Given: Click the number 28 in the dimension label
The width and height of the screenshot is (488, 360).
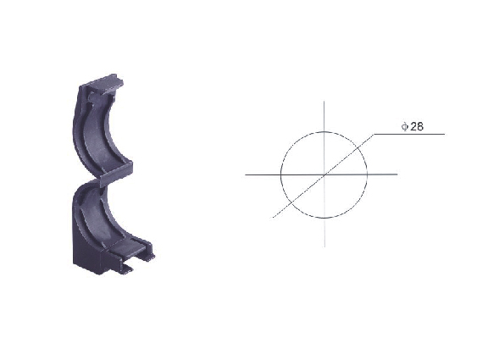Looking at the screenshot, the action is [417, 126].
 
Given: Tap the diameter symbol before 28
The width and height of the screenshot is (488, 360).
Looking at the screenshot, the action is [405, 127].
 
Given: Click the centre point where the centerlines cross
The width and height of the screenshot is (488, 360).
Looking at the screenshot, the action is [324, 174].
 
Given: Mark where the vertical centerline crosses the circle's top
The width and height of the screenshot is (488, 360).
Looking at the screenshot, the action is [324, 132].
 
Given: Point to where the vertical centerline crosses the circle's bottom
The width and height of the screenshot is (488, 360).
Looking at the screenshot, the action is [324, 218].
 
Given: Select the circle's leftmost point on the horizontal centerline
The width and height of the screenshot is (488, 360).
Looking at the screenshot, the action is [281, 174].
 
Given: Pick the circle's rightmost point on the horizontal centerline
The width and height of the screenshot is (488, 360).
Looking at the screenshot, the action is [367, 174].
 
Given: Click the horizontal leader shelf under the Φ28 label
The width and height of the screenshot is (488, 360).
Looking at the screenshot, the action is [409, 134].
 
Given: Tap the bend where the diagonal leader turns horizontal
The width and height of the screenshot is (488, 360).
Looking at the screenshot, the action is [374, 134].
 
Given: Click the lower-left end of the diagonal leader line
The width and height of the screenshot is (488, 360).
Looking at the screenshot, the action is [273, 217].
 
